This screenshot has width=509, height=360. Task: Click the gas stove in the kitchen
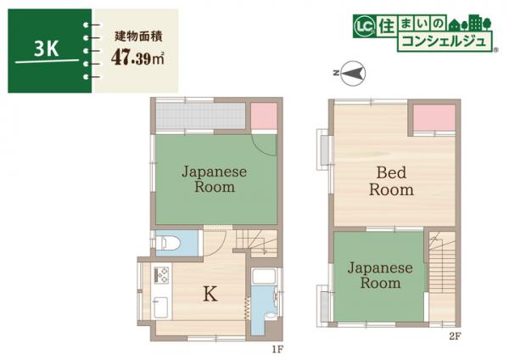coord(161,274)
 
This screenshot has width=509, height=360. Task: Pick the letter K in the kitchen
coord(210,295)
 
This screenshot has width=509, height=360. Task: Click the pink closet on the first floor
coord(264,115)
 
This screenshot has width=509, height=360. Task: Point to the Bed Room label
coord(391,181)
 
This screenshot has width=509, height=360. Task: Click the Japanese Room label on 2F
coord(379,275)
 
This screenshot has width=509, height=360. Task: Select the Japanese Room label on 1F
coord(214,178)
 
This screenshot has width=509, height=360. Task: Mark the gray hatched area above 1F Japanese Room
coord(200,115)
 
